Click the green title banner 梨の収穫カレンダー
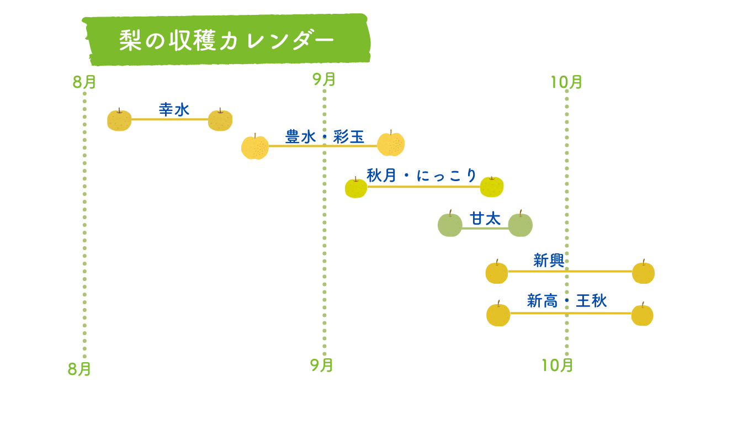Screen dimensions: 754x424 pyautogui.click(x=226, y=39)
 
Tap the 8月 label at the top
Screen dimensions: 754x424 pyautogui.click(x=84, y=82)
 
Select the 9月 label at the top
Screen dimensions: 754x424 pyautogui.click(x=324, y=79)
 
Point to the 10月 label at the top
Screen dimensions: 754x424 pyautogui.click(x=566, y=82)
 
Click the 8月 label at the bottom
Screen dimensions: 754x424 pyautogui.click(x=79, y=369)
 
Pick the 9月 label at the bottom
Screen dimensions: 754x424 pyautogui.click(x=321, y=365)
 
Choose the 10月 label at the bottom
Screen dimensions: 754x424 pyautogui.click(x=557, y=365)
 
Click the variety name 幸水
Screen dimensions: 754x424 pyautogui.click(x=174, y=110)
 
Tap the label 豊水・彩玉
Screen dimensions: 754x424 pyautogui.click(x=325, y=137)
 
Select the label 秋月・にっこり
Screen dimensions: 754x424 pyautogui.click(x=421, y=176)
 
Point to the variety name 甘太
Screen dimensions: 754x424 pyautogui.click(x=485, y=219)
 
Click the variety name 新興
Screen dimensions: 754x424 pyautogui.click(x=549, y=261)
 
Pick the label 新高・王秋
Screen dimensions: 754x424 pyautogui.click(x=567, y=301)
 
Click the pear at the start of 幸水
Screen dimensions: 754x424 pyautogui.click(x=119, y=120)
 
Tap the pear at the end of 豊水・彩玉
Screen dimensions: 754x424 pyautogui.click(x=391, y=143)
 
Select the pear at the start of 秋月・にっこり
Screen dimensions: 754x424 pyautogui.click(x=356, y=187)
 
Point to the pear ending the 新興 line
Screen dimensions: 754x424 pyautogui.click(x=643, y=272)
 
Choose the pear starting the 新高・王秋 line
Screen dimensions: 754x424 pyautogui.click(x=498, y=314)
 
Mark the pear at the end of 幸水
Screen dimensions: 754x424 pyautogui.click(x=220, y=120)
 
